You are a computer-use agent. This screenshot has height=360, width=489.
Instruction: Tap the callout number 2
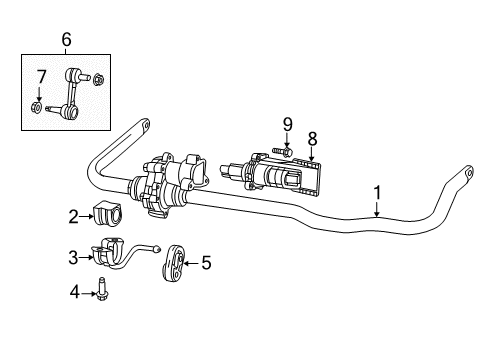point(74,215)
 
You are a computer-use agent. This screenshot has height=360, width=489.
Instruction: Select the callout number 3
point(73,257)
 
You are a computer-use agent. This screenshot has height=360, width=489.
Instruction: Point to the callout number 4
point(73,292)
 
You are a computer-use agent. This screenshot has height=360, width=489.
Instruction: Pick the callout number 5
point(206,263)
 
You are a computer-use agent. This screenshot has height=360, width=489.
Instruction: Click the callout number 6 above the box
point(67,39)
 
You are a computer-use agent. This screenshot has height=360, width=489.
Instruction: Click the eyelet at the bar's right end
point(466,178)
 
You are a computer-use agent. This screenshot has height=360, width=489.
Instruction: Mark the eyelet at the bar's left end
point(143,128)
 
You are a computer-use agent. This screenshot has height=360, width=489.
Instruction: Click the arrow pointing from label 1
point(377,207)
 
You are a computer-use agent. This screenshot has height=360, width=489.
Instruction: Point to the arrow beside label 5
point(190,263)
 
